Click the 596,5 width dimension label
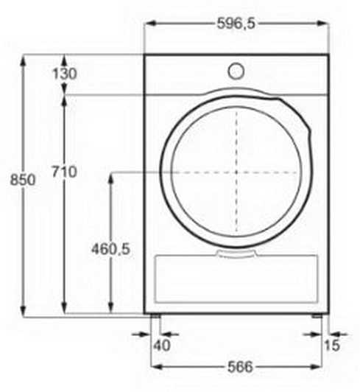(236, 24)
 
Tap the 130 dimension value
(65, 74)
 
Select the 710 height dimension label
(64, 172)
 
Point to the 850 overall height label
(23, 180)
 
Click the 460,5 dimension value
(110, 249)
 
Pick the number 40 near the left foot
(162, 346)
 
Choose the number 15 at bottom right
(332, 346)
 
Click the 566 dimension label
(240, 367)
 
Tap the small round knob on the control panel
(236, 71)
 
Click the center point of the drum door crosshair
(236, 172)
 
